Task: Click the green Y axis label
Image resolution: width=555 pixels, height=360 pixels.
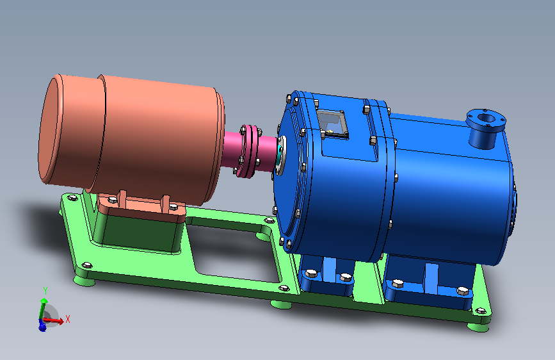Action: point(45,291)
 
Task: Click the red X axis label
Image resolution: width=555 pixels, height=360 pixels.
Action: point(68,319)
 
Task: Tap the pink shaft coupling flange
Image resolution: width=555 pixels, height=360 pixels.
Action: point(248,151)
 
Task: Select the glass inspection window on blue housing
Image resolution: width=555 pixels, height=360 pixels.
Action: point(332,123)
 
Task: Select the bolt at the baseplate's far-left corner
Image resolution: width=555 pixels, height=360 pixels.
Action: point(72,198)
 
